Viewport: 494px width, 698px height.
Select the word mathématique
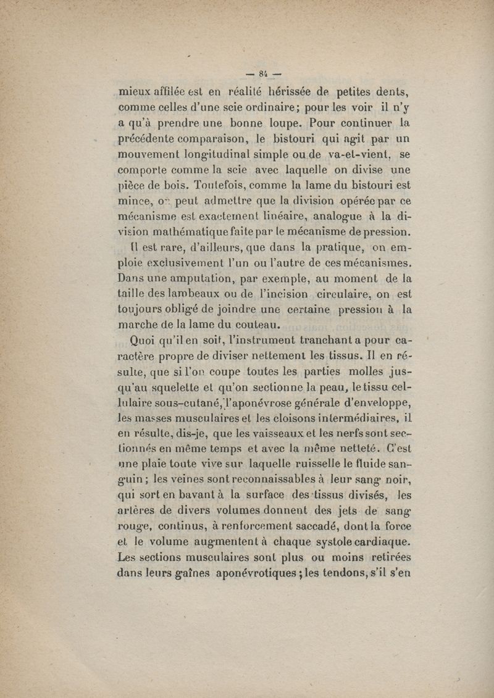pyautogui.click(x=201, y=233)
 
